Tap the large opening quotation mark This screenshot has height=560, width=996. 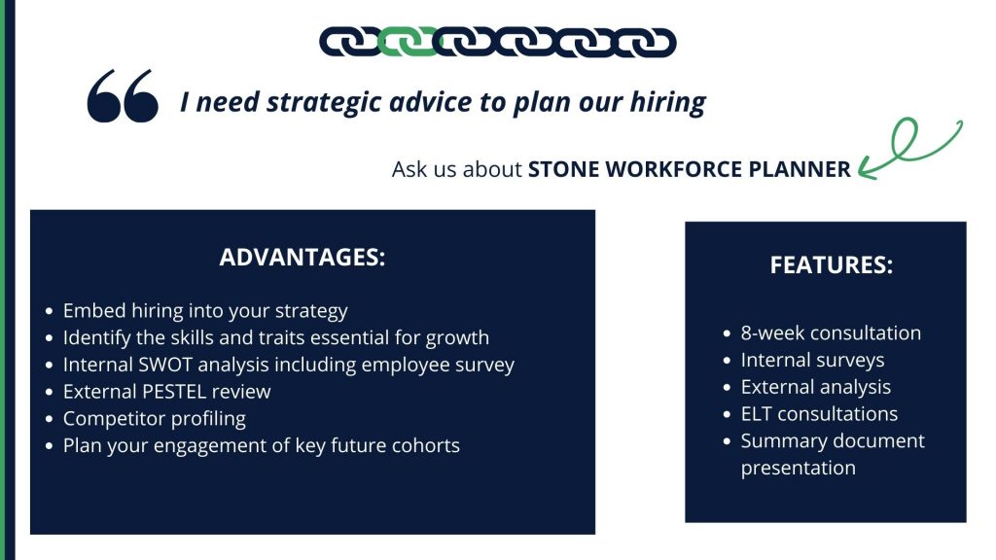pos(123,96)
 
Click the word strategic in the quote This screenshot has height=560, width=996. pos(324,102)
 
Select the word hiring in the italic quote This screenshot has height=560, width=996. pos(667,102)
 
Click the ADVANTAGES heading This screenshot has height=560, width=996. pos(302,257)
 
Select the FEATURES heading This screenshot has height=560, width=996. pos(832,264)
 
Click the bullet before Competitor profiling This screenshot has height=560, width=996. pos(50,419)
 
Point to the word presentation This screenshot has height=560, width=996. pos(799,469)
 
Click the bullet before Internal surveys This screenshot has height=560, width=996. pos(728,361)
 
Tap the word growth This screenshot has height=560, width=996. pos(457,338)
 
